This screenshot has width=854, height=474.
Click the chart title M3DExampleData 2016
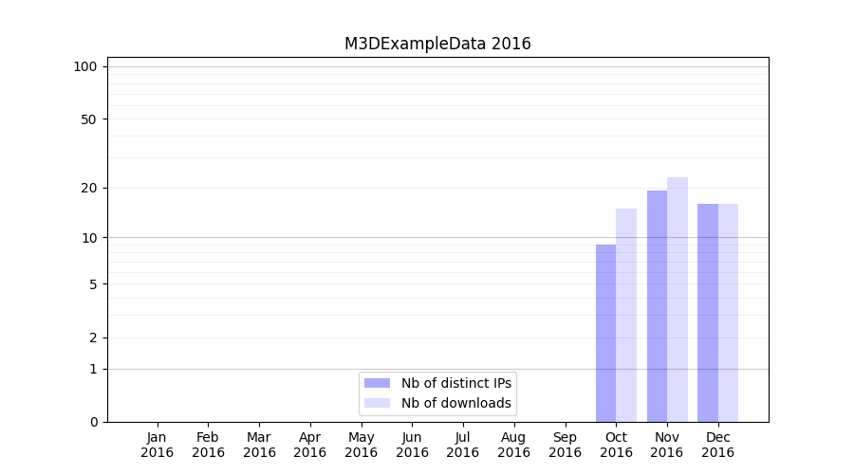pos(437,44)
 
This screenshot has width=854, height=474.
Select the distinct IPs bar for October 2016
pos(605,333)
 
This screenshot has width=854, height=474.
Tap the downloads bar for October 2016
pos(626,315)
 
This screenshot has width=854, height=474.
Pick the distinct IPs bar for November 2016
pos(657,305)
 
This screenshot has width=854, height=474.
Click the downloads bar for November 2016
pos(678,299)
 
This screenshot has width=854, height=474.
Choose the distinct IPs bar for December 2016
pos(708,312)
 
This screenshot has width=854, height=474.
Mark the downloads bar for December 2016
pos(728,312)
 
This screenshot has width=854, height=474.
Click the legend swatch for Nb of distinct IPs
pos(377,383)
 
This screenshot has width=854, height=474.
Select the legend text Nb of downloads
pos(455,403)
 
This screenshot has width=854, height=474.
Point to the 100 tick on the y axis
pos(85,66)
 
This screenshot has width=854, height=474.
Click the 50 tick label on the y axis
pos(88,119)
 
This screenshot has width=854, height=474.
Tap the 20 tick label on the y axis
pos(88,188)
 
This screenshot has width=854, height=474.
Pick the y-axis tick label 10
pos(88,237)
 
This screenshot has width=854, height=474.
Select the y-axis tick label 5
pos(92,283)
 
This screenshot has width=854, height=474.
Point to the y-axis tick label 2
pos(92,337)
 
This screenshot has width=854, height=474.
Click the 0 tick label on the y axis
pos(92,422)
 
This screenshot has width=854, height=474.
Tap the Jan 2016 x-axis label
pos(158,445)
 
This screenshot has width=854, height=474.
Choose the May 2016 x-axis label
pos(361,445)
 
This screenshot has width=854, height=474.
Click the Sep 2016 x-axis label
pos(565,445)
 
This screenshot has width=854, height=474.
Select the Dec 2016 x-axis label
pos(717,445)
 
